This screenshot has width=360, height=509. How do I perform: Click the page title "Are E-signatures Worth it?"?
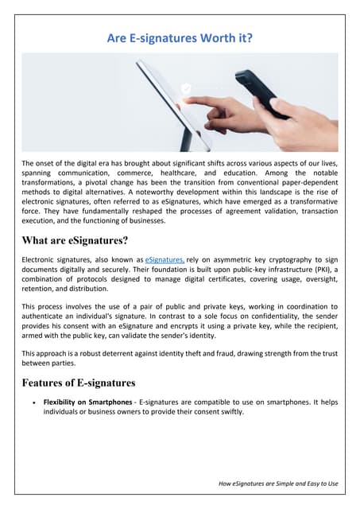[x=180, y=37]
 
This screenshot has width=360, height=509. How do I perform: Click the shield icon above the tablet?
[x=186, y=90]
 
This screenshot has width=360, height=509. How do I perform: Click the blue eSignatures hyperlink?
[x=164, y=260]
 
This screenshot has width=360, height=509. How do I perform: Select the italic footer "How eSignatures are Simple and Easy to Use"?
[x=277, y=483]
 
